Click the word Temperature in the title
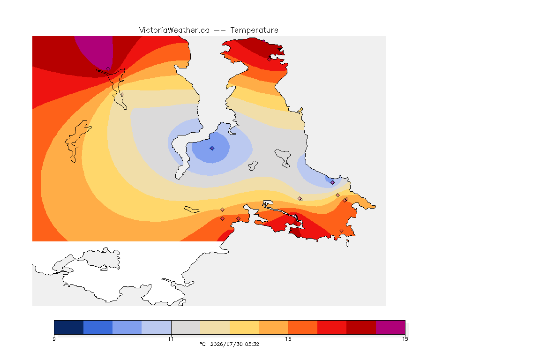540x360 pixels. (254, 30)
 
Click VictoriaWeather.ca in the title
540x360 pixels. (174, 30)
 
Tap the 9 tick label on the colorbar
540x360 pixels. (54, 339)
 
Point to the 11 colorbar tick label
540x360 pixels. (171, 339)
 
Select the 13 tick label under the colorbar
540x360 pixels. (288, 339)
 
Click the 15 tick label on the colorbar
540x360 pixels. (405, 339)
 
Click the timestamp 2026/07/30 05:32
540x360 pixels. (234, 344)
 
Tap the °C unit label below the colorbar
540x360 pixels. (203, 344)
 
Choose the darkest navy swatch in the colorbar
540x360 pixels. (69, 327)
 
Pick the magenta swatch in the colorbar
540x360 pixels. (390, 327)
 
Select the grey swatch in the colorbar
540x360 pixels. (186, 327)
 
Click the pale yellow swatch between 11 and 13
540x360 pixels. (244, 327)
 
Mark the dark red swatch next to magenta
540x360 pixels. (361, 327)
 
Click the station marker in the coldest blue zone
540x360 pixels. (212, 148)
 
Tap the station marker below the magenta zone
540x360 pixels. (108, 69)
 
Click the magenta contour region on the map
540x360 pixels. (95, 50)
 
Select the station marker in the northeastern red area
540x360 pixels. (270, 59)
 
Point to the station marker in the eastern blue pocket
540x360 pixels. (332, 183)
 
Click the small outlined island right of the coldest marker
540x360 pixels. (254, 165)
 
